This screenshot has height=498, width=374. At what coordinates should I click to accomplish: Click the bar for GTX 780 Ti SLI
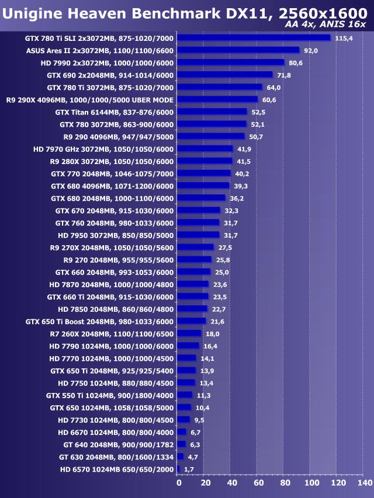253,38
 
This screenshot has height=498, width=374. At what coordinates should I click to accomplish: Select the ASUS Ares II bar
238,50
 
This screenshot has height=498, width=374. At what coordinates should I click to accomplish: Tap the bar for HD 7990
230,62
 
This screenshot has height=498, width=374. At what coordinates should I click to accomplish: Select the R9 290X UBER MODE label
90,100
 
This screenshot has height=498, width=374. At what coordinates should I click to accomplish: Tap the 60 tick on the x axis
258,483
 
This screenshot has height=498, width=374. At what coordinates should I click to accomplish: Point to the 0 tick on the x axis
179,483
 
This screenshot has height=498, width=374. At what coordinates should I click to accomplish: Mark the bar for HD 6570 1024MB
178,469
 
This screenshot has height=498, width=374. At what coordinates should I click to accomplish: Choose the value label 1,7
189,469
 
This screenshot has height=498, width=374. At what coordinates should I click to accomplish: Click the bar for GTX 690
224,75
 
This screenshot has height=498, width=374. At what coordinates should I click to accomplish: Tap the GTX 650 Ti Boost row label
100,322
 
